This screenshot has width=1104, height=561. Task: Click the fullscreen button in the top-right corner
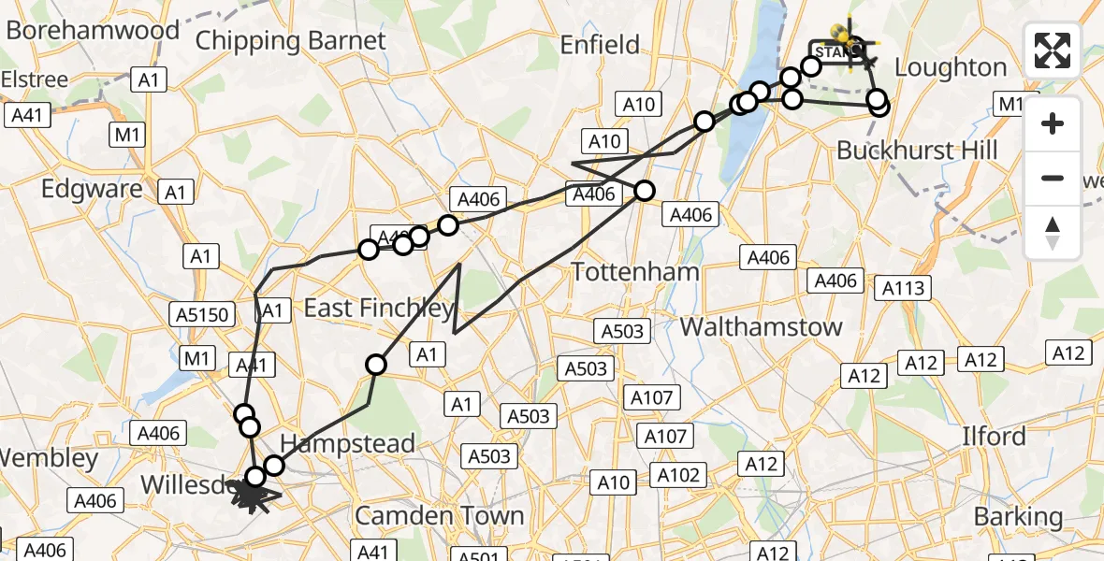tap(1053, 50)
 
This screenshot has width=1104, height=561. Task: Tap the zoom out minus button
tap(1053, 178)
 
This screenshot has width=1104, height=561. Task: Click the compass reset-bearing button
tap(1053, 232)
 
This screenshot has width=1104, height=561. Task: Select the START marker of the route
tap(833, 50)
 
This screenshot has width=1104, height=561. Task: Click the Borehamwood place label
tap(93, 30)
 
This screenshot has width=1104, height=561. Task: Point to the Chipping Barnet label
tap(290, 41)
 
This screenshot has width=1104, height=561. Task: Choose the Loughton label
tap(951, 67)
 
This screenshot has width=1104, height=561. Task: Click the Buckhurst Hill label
tap(917, 150)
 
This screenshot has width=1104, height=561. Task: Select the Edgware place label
tap(92, 189)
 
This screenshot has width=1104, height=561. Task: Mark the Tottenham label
tap(635, 272)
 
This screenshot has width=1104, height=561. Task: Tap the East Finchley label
tap(378, 308)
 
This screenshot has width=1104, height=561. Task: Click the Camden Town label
tap(439, 516)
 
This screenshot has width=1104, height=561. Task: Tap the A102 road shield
tap(677, 475)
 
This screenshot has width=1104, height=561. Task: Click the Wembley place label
tap(49, 459)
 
